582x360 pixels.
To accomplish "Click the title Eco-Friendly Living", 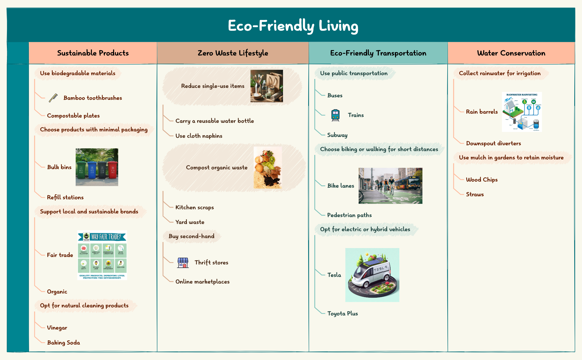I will (293, 26).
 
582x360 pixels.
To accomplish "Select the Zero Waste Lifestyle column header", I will (233, 53).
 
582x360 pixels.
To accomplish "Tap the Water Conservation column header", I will (511, 53).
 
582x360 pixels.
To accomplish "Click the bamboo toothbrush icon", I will (53, 98).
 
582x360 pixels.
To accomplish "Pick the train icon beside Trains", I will (335, 115).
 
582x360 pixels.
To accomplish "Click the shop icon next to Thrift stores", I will (183, 262).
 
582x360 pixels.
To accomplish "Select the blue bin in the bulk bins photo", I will (92, 170).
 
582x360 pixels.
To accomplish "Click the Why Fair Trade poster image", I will (102, 255).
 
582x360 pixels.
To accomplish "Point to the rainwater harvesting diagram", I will (522, 112).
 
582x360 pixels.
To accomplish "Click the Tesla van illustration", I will (372, 275).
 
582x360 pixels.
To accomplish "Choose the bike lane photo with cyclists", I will (390, 186).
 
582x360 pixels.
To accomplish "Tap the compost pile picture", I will (267, 168).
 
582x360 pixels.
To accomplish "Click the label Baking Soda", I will (63, 343).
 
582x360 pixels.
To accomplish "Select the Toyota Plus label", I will (342, 313).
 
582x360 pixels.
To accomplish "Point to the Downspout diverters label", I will (493, 143).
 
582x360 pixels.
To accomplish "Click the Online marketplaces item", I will (202, 282).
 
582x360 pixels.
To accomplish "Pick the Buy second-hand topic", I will (191, 236).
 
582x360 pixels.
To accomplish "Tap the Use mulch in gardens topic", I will (511, 157).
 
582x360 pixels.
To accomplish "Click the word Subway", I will (337, 135).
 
